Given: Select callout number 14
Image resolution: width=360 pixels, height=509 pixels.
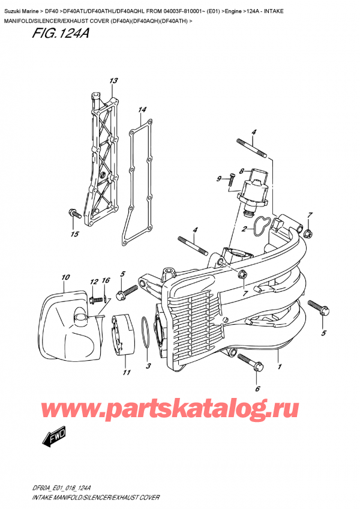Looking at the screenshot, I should click(x=142, y=110).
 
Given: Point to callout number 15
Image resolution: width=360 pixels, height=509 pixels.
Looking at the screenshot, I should click(x=75, y=233).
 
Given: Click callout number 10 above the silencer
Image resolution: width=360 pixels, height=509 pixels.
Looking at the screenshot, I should click(x=65, y=277).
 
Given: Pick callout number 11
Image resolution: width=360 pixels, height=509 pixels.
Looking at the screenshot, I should click(x=127, y=373).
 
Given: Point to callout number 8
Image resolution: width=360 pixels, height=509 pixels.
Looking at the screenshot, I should click(x=241, y=170).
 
